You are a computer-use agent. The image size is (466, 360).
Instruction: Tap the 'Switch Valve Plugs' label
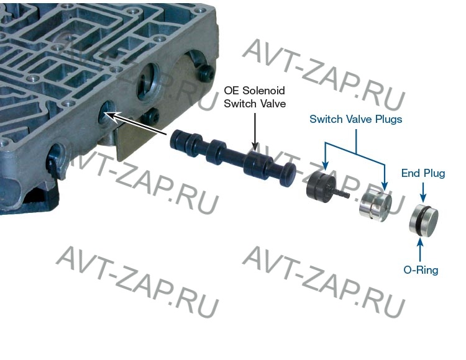pyautogui.click(x=355, y=119)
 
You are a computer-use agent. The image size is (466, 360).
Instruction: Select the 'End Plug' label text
pyautogui.click(x=423, y=173)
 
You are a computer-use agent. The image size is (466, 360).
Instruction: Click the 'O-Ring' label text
pyautogui.click(x=421, y=270)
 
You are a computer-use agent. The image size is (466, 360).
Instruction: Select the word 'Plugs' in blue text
pyautogui.click(x=387, y=119)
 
